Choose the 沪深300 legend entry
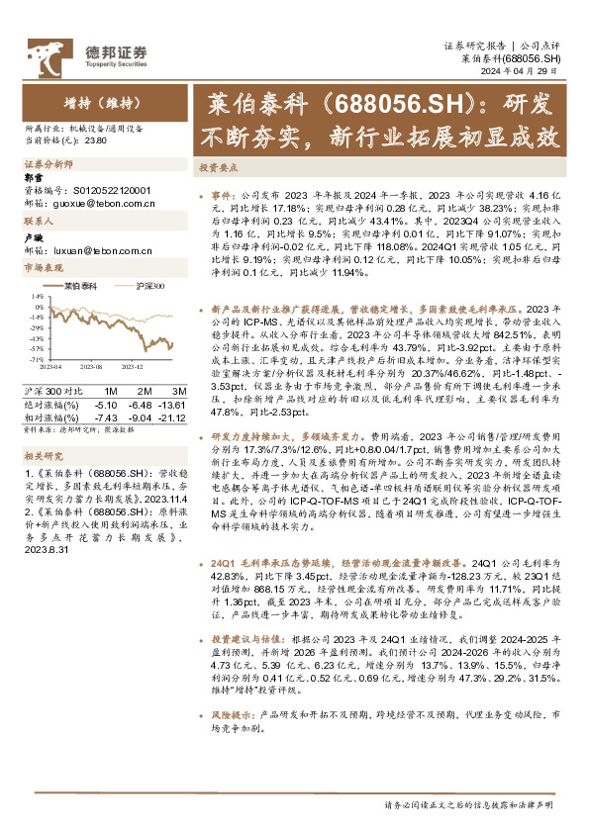(x=149, y=285)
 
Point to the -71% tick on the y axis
(x=35, y=359)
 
